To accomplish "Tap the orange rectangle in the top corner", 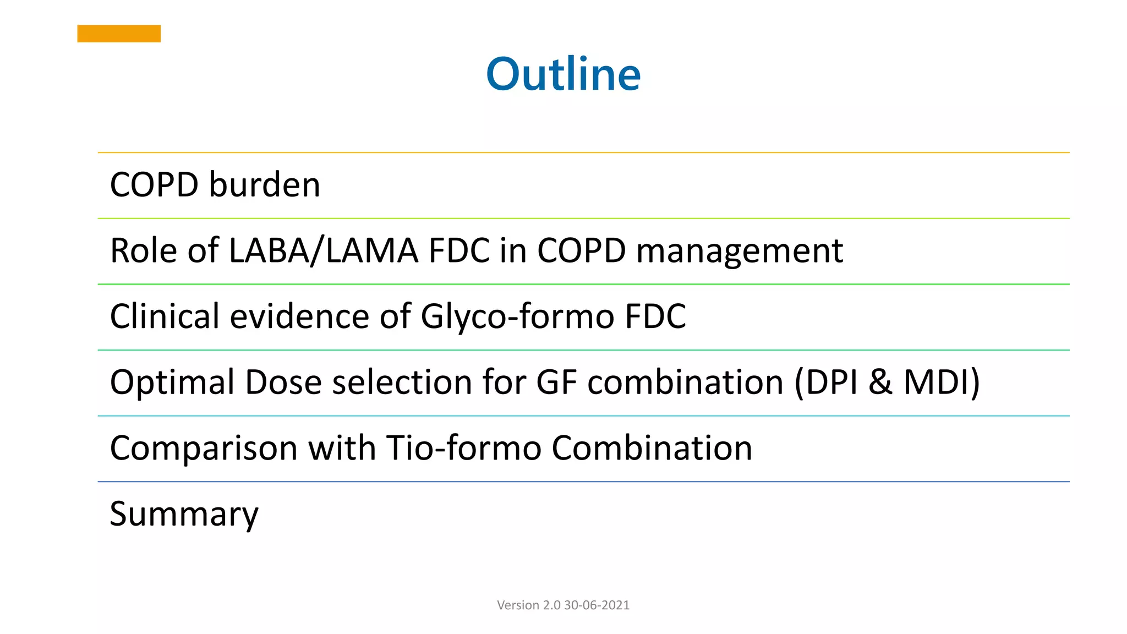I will point(119,34).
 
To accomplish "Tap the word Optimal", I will point(172,382).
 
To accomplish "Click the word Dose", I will point(283,382).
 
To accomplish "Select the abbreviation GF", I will point(556,382).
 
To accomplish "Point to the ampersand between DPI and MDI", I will point(880,382).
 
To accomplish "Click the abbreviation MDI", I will point(941,382).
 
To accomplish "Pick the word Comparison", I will point(203,448).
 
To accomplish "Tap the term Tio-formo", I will point(463,447).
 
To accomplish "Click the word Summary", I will point(184,514).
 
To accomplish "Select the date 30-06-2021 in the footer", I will point(597,605).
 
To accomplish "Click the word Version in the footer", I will point(518,605).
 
